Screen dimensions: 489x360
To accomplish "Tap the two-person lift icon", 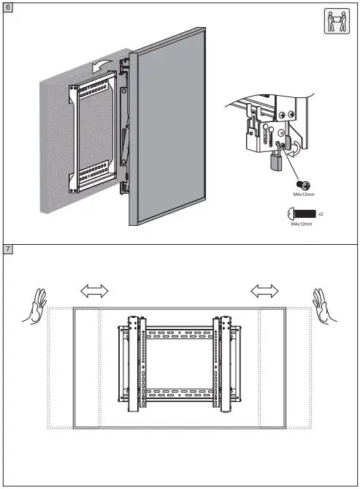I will (x=334, y=22).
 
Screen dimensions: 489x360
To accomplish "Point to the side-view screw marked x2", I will (x=303, y=214).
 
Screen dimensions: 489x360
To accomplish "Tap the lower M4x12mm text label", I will (x=302, y=225).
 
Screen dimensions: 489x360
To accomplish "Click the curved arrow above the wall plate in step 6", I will (x=103, y=65).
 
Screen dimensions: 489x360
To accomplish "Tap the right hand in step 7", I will (x=323, y=306).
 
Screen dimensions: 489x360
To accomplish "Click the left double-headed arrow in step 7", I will (x=93, y=292).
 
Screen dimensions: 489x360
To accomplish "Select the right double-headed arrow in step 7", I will (x=264, y=292).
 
